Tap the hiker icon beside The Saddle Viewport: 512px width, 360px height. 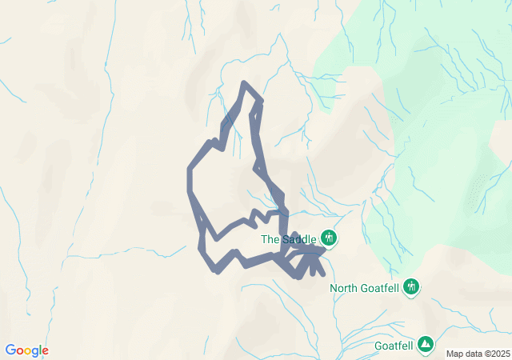tap(328, 238)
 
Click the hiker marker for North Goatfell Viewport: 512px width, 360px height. tap(412, 286)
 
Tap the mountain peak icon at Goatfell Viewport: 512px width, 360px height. tap(426, 345)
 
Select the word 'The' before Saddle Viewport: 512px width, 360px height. tap(270, 238)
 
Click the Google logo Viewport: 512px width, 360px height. tap(26, 350)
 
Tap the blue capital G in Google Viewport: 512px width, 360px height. tap(10, 350)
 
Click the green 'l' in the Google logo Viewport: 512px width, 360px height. tap(40, 350)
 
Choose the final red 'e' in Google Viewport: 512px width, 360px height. tap(45, 351)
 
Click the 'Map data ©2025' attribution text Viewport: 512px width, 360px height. tap(477, 354)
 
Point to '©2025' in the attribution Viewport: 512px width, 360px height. tap(494, 354)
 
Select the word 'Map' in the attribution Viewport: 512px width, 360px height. tap(454, 354)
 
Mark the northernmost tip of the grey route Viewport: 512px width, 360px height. tap(244, 83)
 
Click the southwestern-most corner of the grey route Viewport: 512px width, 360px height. tap(217, 270)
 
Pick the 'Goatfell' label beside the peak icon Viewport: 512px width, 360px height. tap(394, 346)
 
